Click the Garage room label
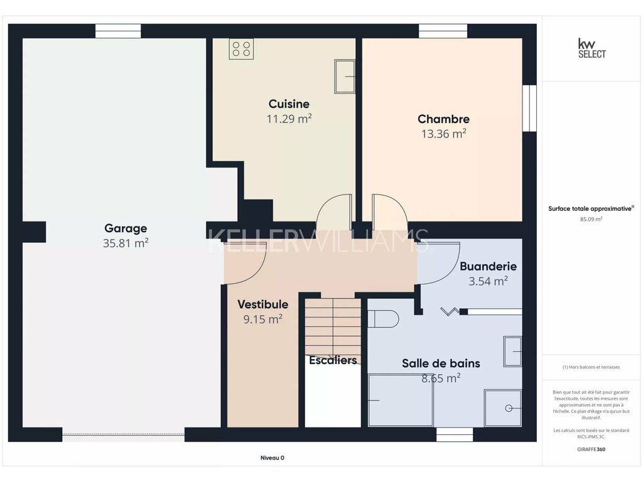126,228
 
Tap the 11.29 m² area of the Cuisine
289,119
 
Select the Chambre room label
444,119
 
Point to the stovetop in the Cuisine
241,49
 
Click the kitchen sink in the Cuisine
345,76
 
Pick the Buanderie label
488,266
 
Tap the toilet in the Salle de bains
383,319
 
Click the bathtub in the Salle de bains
401,400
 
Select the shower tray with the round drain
503,408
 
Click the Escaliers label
333,360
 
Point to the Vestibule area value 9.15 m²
263,319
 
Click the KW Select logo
592,48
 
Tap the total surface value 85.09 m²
591,219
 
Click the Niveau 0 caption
273,458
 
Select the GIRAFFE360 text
591,449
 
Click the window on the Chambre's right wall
529,108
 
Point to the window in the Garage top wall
118,31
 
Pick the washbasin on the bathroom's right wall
512,351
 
